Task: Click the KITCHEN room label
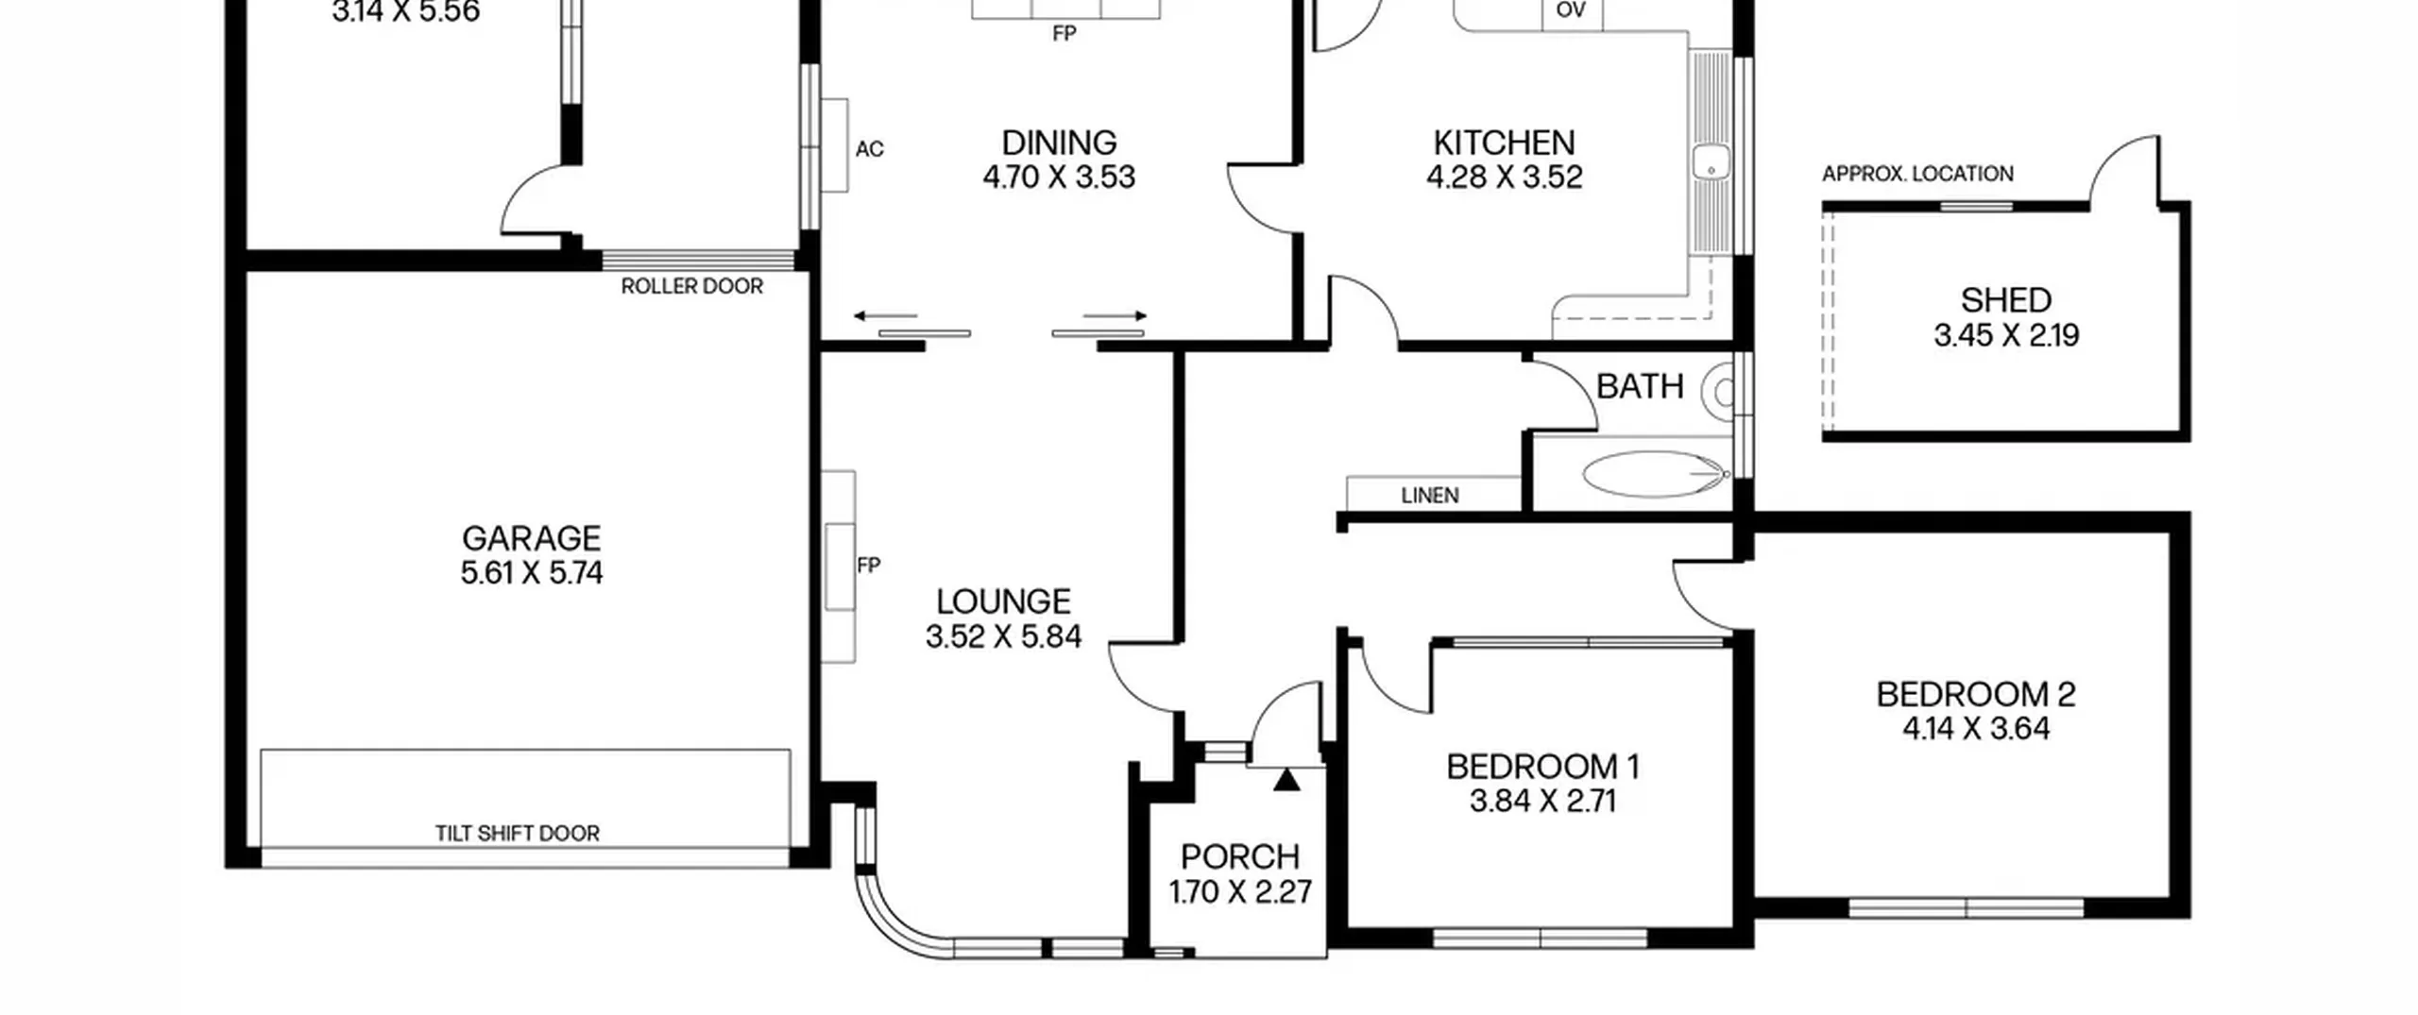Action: coord(1504,143)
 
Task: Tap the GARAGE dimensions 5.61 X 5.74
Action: coord(532,572)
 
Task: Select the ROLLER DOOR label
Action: coord(691,286)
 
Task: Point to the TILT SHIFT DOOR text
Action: coord(517,833)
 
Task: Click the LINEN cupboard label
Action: coord(1429,496)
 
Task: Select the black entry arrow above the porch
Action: coord(1286,780)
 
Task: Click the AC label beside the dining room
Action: coord(869,149)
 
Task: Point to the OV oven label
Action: coord(1570,10)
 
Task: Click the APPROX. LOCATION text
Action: coord(1917,174)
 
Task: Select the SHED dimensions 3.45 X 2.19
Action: coord(2006,335)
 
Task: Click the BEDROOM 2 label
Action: coord(1975,694)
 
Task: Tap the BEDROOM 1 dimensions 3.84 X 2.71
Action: coord(1542,801)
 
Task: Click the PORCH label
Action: coord(1240,856)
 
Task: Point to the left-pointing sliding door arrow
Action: coord(885,315)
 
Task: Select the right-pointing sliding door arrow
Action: coord(1115,315)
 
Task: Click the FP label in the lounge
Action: coord(868,566)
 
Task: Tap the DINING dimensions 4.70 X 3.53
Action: coord(1059,178)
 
